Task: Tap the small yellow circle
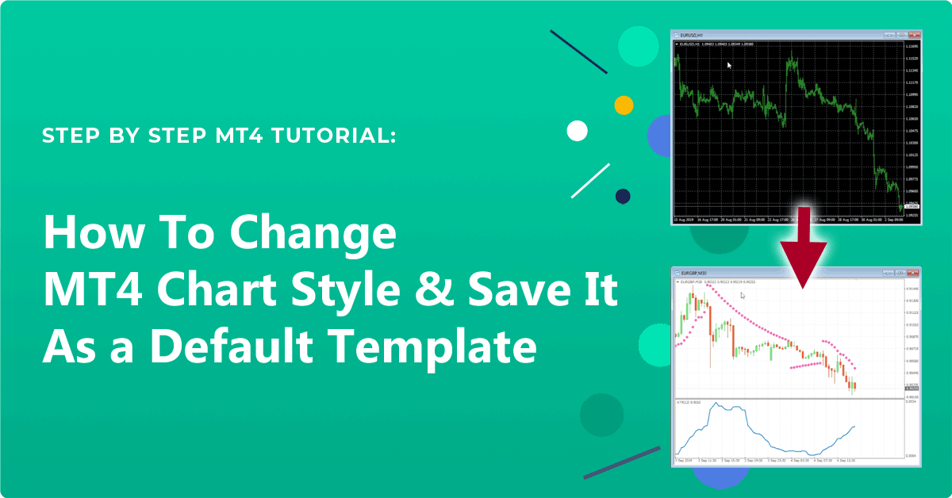624,105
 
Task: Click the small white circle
577,132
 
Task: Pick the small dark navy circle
623,195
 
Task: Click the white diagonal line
590,181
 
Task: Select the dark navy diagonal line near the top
578,52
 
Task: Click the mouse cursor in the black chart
729,66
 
